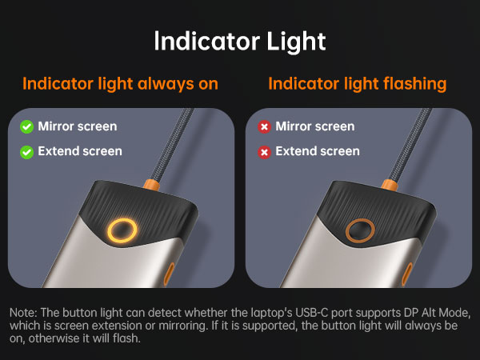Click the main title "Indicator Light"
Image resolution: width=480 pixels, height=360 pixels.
coord(240,41)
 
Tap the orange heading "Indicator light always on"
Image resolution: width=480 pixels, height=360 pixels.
coord(120,83)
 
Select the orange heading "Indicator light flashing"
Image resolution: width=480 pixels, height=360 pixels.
coord(357,83)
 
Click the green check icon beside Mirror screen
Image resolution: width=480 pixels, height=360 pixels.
coord(26,126)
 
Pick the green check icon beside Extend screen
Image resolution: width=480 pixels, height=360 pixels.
coord(26,151)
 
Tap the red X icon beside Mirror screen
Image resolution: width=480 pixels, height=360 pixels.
coord(264,126)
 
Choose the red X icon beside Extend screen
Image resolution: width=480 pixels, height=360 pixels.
coord(264,151)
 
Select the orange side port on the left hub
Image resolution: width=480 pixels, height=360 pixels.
coord(170,274)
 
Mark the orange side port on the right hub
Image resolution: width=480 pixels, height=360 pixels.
coord(406,274)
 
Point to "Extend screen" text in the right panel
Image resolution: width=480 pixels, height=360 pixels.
coord(318,151)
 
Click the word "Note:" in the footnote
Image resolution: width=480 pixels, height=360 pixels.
coord(24,311)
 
